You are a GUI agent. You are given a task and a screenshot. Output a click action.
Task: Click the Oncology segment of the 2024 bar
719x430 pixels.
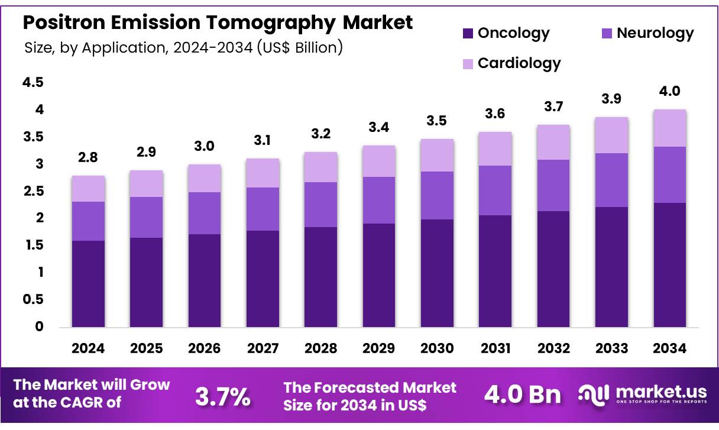pos(88,284)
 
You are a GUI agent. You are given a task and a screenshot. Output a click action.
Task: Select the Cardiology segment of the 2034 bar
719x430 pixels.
pos(670,128)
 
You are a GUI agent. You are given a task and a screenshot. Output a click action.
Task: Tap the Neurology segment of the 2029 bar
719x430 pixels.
pos(379,200)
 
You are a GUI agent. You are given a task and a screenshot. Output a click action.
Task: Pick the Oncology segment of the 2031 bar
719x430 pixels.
pos(495,271)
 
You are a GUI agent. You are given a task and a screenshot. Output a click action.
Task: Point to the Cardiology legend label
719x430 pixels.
pos(519,63)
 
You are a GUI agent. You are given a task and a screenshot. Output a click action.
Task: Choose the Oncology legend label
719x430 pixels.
pos(513,33)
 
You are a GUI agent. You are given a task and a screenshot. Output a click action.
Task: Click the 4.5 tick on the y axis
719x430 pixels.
pos(33,83)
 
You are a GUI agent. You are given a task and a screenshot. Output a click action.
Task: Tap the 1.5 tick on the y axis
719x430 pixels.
pos(33,245)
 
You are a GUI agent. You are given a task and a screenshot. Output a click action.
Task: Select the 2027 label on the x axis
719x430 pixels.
pos(263,348)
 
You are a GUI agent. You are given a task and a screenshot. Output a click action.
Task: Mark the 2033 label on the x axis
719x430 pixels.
pos(611,348)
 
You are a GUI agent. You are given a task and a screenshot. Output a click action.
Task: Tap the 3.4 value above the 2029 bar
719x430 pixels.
pos(379,127)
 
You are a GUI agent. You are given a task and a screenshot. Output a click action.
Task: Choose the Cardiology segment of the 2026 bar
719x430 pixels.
pos(205,178)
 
